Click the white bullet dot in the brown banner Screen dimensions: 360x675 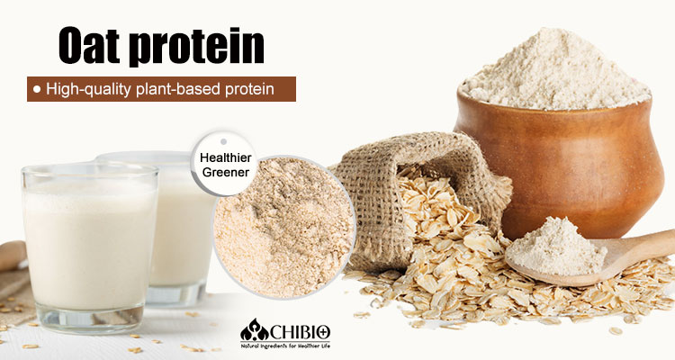click(35, 89)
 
